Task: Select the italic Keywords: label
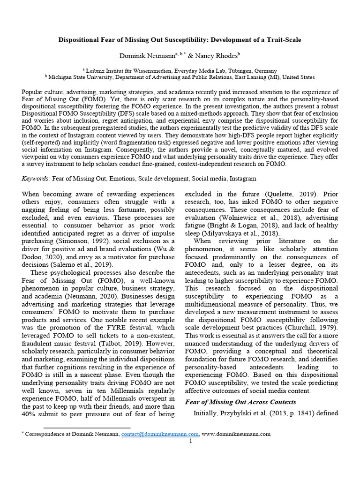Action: (36, 179)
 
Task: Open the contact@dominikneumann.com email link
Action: (160, 434)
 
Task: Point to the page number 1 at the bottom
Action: (191, 441)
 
